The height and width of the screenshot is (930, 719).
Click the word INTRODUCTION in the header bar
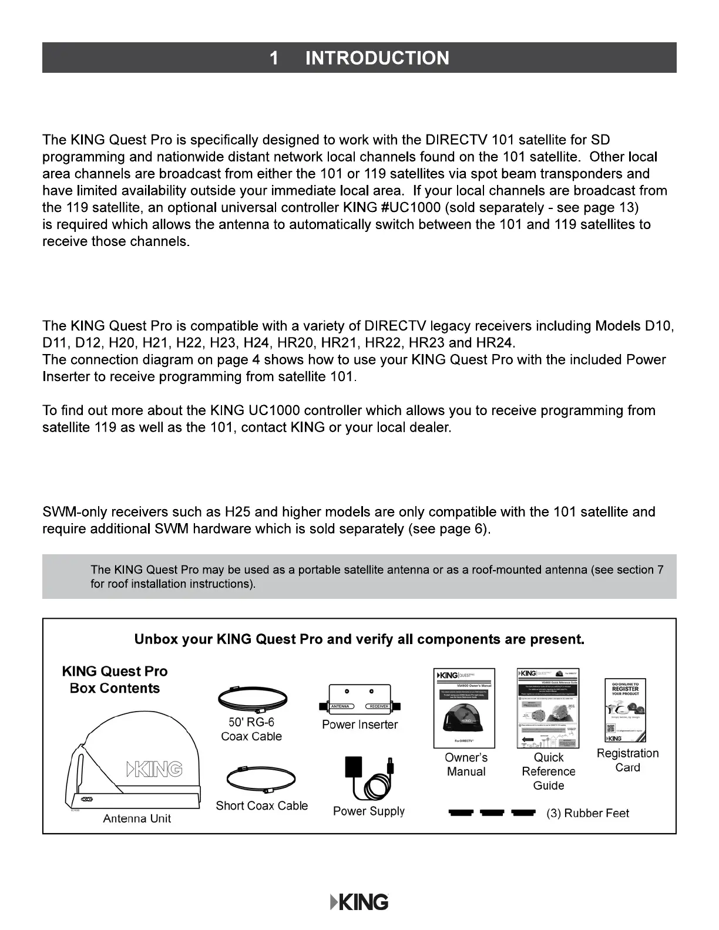pyautogui.click(x=377, y=58)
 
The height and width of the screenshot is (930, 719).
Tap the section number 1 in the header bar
pyautogui.click(x=274, y=58)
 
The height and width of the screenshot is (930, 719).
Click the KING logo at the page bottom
pyautogui.click(x=359, y=902)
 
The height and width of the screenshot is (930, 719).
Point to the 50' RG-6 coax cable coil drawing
pyautogui.click(x=251, y=699)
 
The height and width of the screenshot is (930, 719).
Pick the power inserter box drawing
pyautogui.click(x=359, y=699)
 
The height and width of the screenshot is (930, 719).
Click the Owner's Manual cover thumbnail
pyautogui.click(x=464, y=707)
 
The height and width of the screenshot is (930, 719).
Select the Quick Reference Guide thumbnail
pyautogui.click(x=548, y=707)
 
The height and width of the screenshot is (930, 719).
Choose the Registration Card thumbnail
pyautogui.click(x=626, y=711)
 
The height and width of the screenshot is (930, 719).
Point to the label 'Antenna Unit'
pyautogui.click(x=137, y=818)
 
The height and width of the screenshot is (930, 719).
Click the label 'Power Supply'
pyautogui.click(x=369, y=811)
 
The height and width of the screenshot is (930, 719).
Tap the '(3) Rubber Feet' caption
pyautogui.click(x=587, y=813)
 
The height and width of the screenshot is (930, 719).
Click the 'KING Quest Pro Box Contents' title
pyautogui.click(x=115, y=680)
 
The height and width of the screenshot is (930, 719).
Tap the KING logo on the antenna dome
pyautogui.click(x=154, y=769)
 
